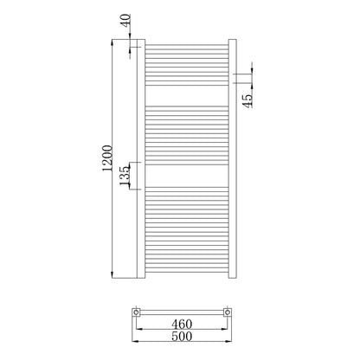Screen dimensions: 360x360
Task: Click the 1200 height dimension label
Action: [x=107, y=158]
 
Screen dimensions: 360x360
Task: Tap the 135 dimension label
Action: [x=125, y=176]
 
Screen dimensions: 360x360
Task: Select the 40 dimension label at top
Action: [x=126, y=21]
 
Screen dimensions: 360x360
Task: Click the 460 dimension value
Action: [x=182, y=324]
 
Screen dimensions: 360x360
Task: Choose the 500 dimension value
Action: [x=182, y=336]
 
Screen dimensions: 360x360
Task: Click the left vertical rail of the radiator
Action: [x=141, y=158]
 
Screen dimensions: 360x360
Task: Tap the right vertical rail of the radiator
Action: [x=233, y=158]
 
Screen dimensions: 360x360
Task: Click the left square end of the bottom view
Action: [x=136, y=312]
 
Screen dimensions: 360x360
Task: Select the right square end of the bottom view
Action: [x=228, y=312]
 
